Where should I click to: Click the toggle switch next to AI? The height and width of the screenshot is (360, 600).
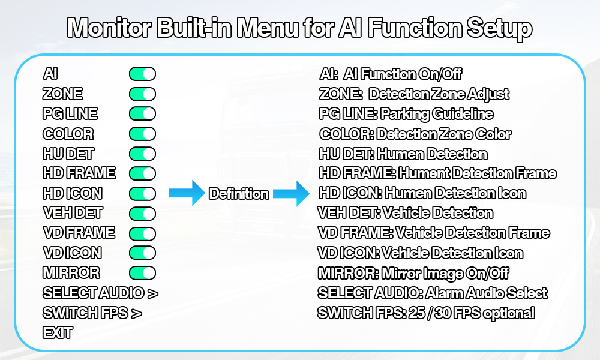click(142, 74)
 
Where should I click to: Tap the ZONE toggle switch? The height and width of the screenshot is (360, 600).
click(142, 94)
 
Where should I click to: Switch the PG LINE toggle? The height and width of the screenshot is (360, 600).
click(142, 113)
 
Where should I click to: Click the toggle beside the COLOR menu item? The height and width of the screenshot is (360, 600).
click(142, 133)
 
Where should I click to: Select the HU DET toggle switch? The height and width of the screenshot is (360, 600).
click(142, 154)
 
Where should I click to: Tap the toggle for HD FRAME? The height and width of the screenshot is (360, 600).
click(142, 173)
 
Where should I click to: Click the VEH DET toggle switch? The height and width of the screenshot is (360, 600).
click(142, 213)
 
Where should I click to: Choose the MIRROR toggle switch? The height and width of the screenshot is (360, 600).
click(142, 273)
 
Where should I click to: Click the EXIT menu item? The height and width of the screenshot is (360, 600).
click(58, 332)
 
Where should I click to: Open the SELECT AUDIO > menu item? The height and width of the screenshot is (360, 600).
click(100, 293)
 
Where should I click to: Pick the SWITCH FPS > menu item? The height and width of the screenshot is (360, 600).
click(92, 313)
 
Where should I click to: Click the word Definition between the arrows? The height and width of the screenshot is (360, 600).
click(239, 194)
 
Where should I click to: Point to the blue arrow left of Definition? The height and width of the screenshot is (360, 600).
click(187, 193)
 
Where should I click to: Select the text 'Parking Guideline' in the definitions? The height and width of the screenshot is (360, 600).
click(437, 114)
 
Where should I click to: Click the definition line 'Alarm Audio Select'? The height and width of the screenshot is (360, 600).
click(486, 293)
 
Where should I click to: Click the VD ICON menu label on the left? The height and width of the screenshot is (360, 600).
click(72, 253)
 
